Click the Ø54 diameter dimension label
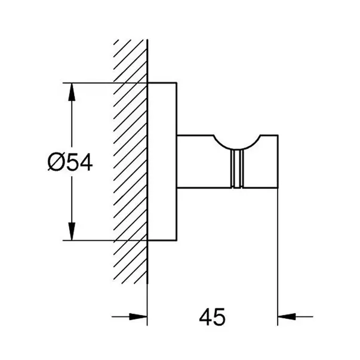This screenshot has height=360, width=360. [70, 162]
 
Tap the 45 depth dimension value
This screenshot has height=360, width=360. [212, 317]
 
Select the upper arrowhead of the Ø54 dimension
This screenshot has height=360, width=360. [72, 92]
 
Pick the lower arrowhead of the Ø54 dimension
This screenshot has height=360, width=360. [72, 232]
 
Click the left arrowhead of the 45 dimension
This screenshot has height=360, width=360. [138, 317]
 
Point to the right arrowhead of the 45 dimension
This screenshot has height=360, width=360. [287, 317]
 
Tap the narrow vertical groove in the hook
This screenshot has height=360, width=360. [236, 169]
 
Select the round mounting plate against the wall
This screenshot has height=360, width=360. [162, 161]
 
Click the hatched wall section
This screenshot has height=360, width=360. [130, 161]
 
